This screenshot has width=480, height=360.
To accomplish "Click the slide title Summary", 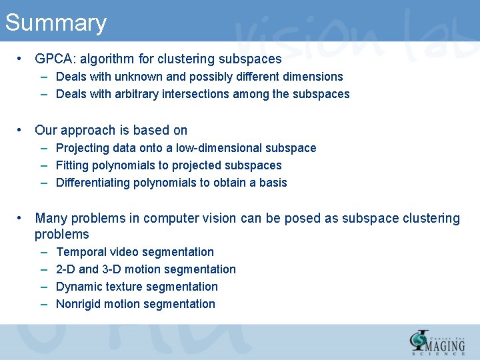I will pos(55,23).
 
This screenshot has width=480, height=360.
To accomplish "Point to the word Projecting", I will pos(83,148).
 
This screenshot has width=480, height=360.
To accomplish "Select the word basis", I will pos(273,183).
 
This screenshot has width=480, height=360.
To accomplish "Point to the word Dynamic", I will pos(78,287).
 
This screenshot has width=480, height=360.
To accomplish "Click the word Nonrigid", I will pos(80,304).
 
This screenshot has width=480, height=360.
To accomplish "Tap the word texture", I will pos(123,287).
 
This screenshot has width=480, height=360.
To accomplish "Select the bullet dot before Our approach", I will pos(22,130).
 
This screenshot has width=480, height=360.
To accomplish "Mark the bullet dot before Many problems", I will pos(22,218).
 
